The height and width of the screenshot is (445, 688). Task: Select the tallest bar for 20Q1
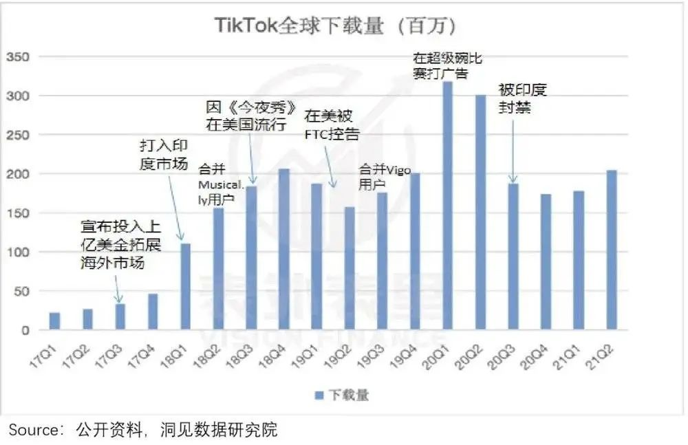click(x=447, y=206)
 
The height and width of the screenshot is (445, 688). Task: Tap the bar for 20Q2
click(x=480, y=213)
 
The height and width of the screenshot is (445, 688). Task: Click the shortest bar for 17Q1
click(x=54, y=322)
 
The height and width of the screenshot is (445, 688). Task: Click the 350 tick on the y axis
click(x=18, y=57)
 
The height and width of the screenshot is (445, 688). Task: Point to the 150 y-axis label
click(x=18, y=213)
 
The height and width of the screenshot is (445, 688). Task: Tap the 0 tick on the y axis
click(x=25, y=331)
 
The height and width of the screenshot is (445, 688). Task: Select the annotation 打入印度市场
click(x=164, y=155)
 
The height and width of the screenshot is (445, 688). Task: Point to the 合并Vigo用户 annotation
click(x=385, y=177)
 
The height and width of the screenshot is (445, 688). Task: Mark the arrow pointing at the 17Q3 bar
click(x=118, y=289)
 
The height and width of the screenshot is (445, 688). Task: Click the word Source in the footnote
click(x=32, y=431)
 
